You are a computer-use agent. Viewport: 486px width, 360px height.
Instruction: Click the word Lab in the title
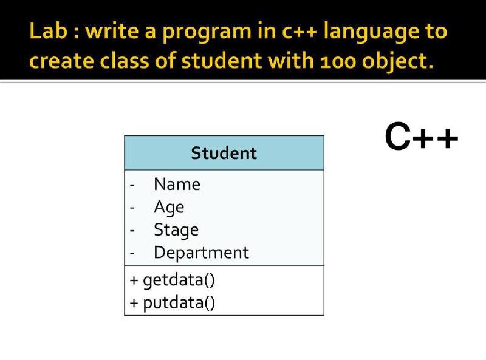48,31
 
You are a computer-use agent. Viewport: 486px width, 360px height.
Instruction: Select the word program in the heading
207,33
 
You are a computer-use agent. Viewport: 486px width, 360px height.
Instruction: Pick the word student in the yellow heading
222,60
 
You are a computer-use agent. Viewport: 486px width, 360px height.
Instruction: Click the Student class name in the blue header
224,153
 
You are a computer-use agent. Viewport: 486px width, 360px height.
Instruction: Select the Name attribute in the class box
177,185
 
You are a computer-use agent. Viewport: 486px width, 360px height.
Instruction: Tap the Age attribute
169,208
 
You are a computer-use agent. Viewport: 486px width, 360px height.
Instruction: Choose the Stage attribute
176,230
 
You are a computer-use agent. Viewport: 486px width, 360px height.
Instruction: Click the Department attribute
201,253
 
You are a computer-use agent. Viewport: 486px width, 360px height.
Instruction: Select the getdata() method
179,280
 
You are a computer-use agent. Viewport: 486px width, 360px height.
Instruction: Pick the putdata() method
179,303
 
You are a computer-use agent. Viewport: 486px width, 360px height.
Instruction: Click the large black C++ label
421,137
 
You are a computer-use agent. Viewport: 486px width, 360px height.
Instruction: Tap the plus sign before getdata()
134,280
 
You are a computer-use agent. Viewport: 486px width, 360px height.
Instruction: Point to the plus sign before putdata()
134,303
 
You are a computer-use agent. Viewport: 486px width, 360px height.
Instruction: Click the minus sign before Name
132,186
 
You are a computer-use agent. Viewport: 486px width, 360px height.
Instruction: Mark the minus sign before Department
132,254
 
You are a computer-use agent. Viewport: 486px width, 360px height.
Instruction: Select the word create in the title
61,61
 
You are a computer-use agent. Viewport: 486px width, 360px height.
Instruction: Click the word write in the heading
112,31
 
